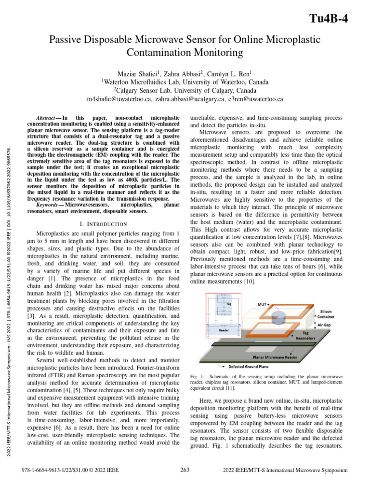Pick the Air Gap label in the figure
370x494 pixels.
pos(326,326)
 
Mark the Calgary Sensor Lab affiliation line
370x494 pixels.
pos(185,91)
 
